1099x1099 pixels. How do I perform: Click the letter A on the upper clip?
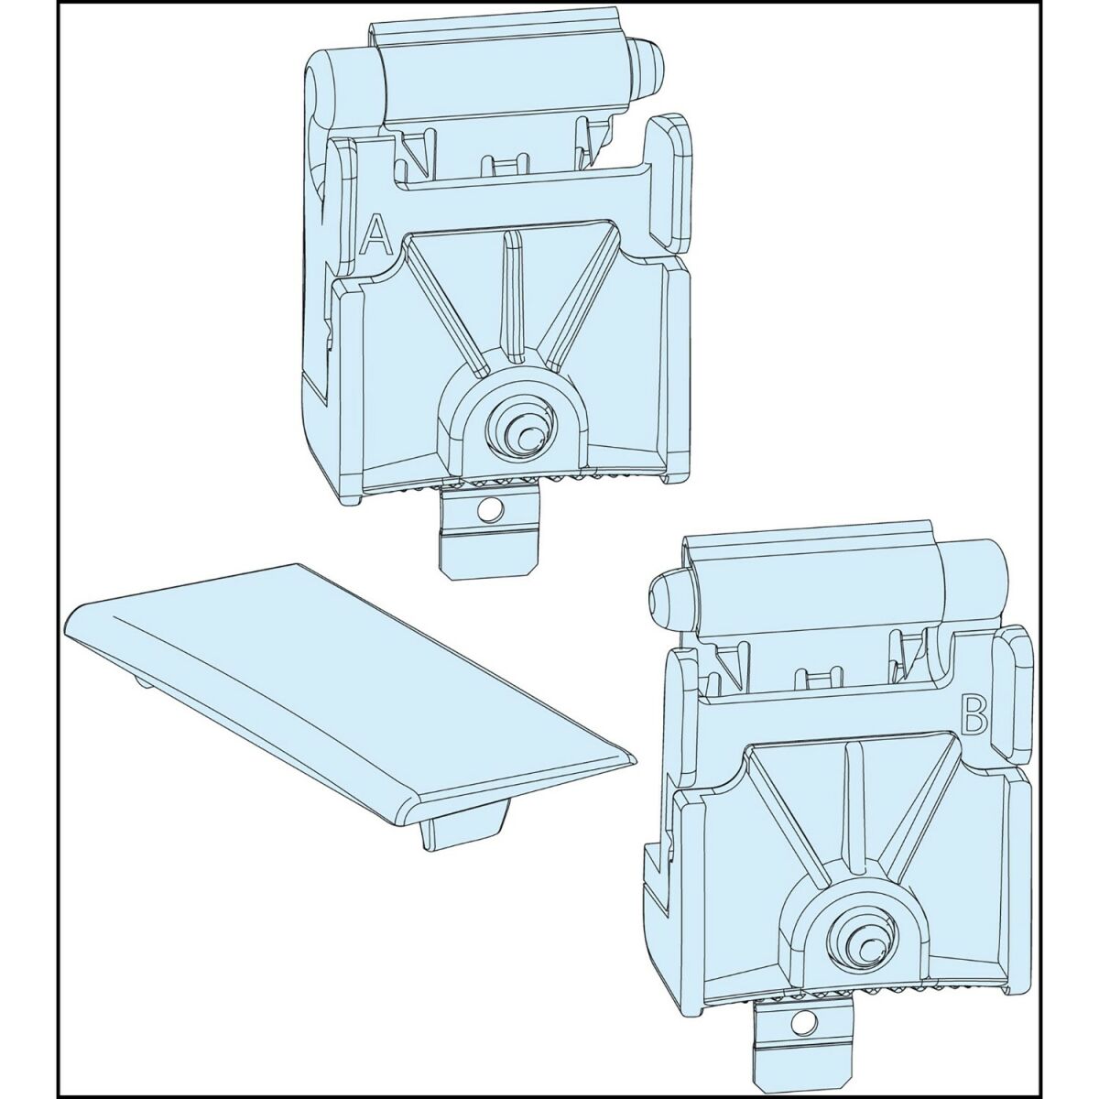pos(375,234)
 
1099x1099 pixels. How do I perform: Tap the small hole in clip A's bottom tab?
pos(490,508)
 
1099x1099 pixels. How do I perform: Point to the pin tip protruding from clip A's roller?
pos(652,67)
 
